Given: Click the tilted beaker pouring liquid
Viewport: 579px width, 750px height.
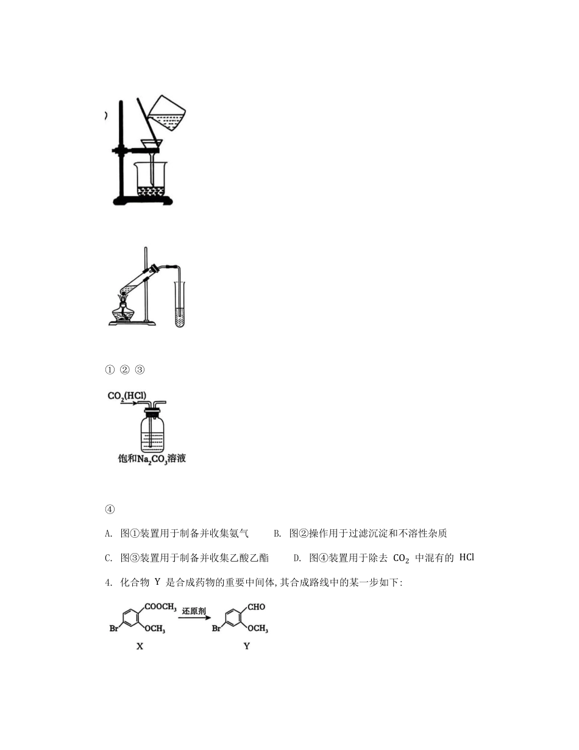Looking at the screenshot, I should coord(168,114).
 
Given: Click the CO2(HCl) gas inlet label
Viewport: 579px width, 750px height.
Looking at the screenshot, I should coord(127,396).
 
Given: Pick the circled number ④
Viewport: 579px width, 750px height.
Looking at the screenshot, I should coord(110,510).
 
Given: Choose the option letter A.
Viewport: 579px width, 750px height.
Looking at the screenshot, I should coord(108,534).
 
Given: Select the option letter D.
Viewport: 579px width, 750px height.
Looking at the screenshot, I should coord(297,557).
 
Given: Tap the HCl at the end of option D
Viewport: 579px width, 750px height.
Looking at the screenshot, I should coord(466,557).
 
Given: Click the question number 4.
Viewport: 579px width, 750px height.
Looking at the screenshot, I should coord(107,582).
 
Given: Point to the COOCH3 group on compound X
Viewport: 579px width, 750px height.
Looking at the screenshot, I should coord(161,607).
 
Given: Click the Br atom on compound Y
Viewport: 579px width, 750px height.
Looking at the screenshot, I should coord(216,628).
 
